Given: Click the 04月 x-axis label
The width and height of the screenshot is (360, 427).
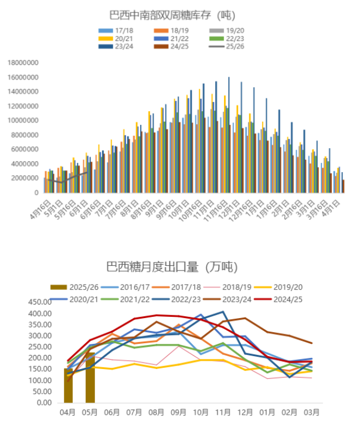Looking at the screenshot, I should point(68,412).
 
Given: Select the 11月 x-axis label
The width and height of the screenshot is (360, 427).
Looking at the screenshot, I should point(223,412).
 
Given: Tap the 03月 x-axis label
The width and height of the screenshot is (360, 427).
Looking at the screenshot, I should point(311,412).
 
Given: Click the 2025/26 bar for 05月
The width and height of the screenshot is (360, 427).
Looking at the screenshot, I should point(90,378).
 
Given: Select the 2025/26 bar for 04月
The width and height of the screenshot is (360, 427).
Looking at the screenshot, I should point(68,385).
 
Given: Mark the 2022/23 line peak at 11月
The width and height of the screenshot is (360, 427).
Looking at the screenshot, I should point(223,312).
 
